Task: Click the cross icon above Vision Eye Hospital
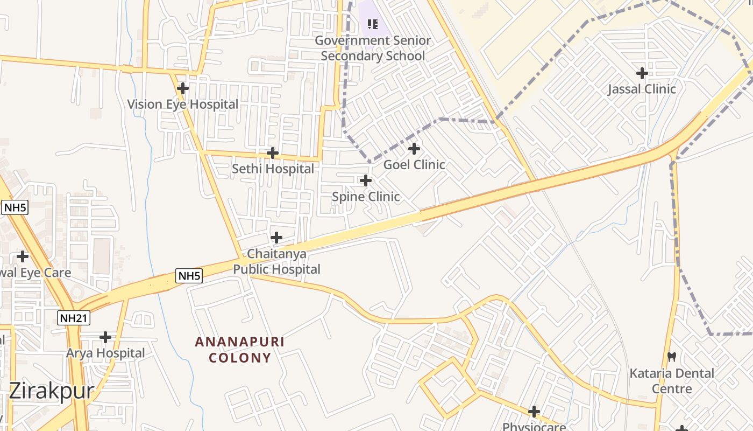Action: point(183,88)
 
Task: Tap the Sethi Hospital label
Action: point(273,169)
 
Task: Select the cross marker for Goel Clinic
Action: point(414,148)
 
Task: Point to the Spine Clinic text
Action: point(366,197)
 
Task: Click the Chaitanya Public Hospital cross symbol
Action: point(276,237)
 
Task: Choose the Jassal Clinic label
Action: point(642,89)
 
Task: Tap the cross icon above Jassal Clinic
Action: point(642,73)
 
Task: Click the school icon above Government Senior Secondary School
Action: point(372,24)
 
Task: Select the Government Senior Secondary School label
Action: point(373,48)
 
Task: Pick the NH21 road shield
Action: point(74,318)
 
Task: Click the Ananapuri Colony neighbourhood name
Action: point(240,350)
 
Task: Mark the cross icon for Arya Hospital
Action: point(105,337)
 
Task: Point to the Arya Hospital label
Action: point(105,353)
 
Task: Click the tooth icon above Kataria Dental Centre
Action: point(671,357)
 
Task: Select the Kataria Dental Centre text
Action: point(672,381)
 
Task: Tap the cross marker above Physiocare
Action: point(534,412)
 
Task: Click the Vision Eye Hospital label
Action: point(183,104)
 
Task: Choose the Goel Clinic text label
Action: point(414,164)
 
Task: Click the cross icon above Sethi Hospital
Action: point(273,153)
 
